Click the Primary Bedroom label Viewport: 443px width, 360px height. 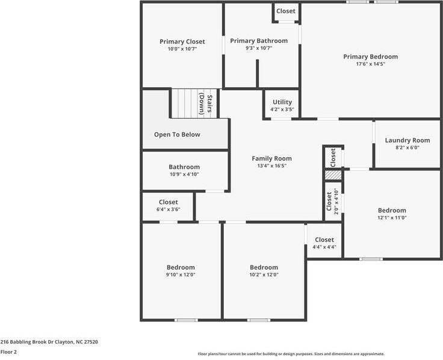pyautogui.click(x=370, y=57)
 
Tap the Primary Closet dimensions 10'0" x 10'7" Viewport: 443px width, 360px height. pyautogui.click(x=182, y=49)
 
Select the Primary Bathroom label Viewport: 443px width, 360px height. pyautogui.click(x=259, y=41)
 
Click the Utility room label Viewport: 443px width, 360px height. pyautogui.click(x=282, y=102)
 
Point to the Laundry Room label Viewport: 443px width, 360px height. pyautogui.click(x=407, y=140)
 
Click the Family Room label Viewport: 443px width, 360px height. pyautogui.click(x=271, y=158)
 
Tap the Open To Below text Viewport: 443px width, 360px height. pyautogui.click(x=177, y=134)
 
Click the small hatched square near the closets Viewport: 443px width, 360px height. pyautogui.click(x=333, y=175)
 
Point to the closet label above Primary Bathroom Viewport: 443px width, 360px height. pyautogui.click(x=286, y=11)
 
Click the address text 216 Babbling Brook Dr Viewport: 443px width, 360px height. pyautogui.click(x=49, y=341)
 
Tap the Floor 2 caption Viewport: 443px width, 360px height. pyautogui.click(x=9, y=352)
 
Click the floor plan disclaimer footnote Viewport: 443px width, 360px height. pyautogui.click(x=291, y=354)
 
